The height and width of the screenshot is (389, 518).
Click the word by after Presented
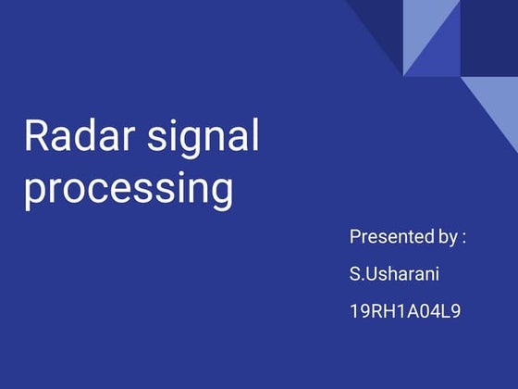point(446,238)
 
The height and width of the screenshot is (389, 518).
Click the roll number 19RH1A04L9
point(405,311)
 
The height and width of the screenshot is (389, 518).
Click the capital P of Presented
point(355,237)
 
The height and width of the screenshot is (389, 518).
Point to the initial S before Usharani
point(355,274)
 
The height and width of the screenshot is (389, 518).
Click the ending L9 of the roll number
point(450,311)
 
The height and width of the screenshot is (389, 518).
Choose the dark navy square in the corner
point(489,37)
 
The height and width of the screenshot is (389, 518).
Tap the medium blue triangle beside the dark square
point(441,56)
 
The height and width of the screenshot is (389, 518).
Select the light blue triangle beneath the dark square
point(499,102)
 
